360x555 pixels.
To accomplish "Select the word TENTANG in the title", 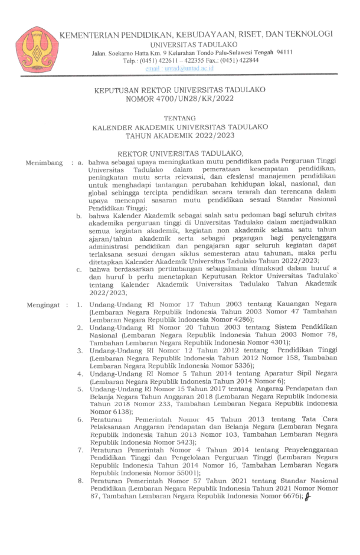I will [x=180, y=118].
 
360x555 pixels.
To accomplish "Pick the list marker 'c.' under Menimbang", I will [x=79, y=270].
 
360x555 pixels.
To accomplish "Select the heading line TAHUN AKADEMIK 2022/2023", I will [x=180, y=136].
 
